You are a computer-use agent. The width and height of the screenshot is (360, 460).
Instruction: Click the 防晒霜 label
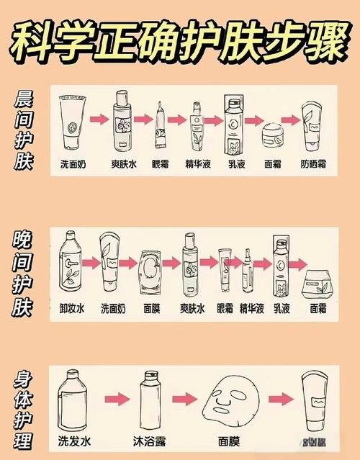(x=314, y=164)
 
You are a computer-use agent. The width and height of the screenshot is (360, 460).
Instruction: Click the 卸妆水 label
(x=71, y=309)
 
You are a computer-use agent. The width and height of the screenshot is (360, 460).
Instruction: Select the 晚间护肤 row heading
(x=23, y=272)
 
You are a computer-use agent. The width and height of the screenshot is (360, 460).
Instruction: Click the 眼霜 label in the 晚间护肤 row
(x=225, y=309)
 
